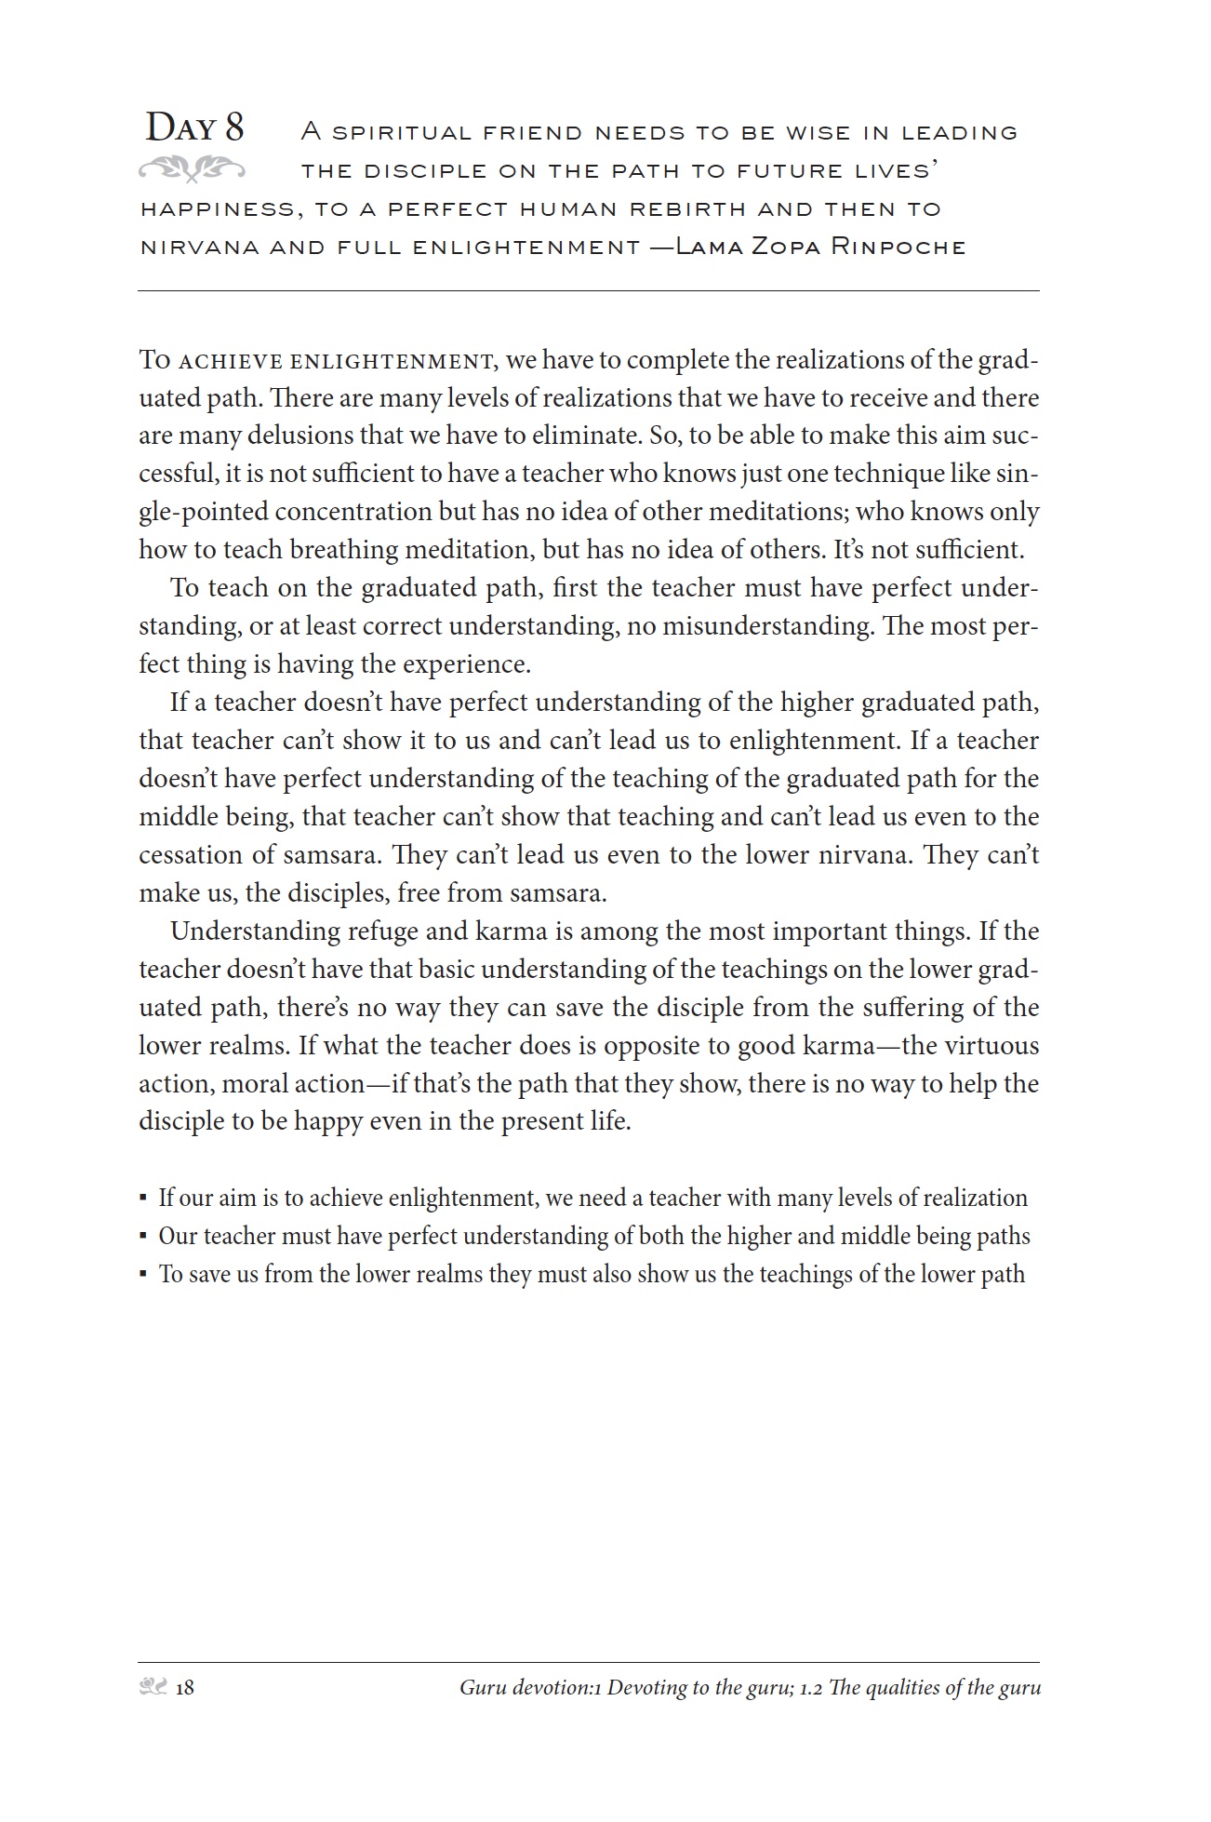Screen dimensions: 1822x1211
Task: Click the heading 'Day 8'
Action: [194, 127]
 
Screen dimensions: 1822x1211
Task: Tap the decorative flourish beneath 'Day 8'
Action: [192, 169]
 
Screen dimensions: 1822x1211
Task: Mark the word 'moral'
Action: [253, 1084]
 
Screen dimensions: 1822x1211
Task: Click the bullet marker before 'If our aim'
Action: [143, 1199]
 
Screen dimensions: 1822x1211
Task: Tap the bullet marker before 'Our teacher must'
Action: [143, 1237]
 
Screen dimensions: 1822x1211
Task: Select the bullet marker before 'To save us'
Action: [143, 1275]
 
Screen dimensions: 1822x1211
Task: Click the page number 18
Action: [184, 1688]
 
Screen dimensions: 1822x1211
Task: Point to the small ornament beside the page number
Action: [153, 1687]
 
